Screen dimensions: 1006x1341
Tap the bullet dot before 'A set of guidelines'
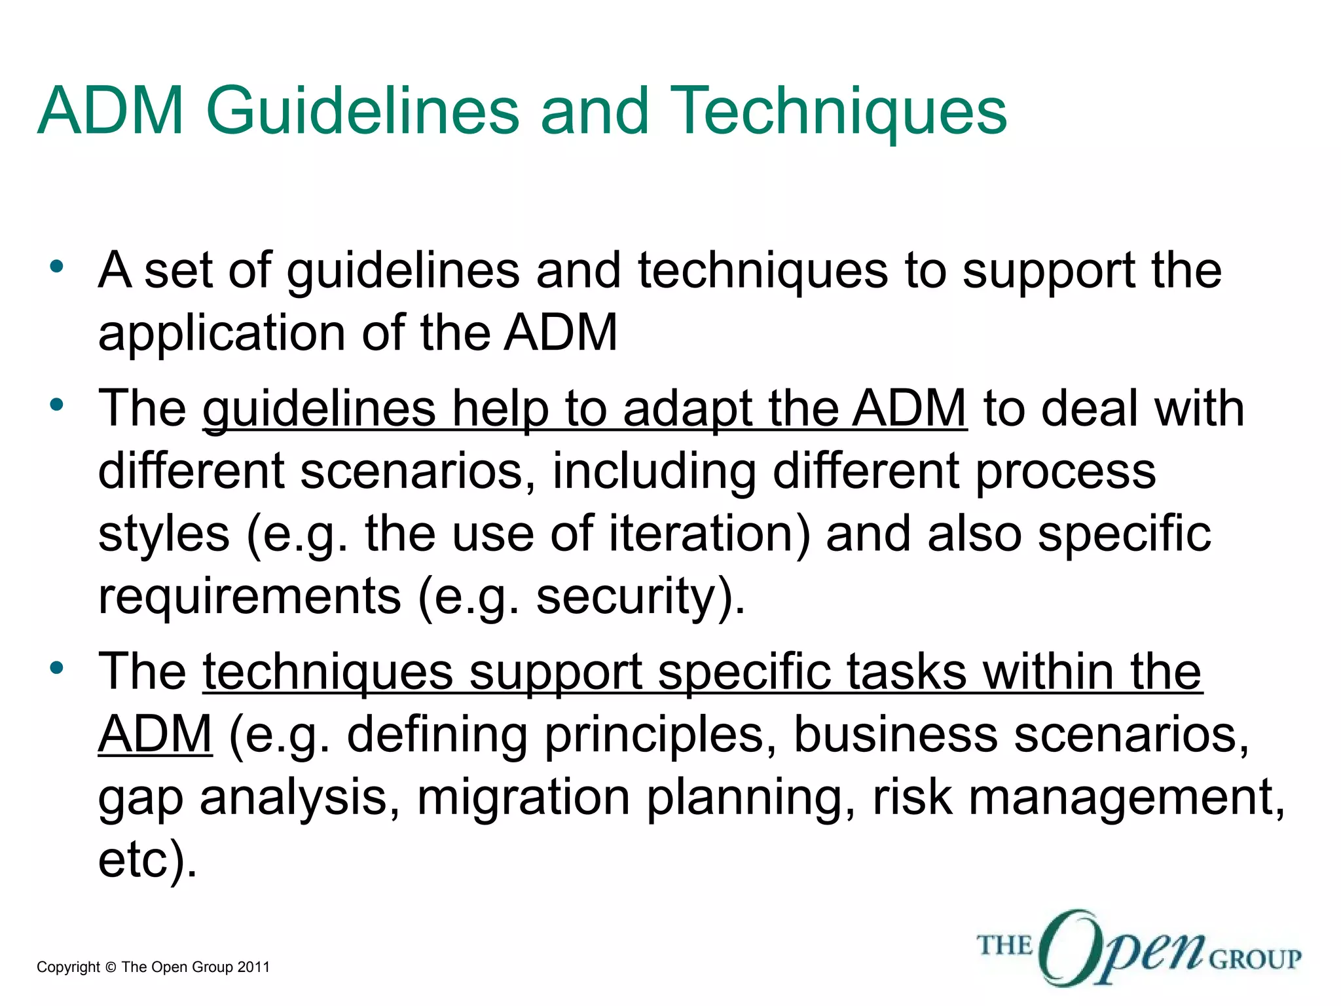coord(57,267)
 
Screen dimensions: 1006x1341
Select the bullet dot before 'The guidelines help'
coord(57,404)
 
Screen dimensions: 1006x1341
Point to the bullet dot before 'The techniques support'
coord(57,668)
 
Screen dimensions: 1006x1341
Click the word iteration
coord(709,534)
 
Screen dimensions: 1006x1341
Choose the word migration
coord(523,798)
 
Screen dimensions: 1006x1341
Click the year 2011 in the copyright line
coord(253,967)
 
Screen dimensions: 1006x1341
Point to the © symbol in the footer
coord(110,968)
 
